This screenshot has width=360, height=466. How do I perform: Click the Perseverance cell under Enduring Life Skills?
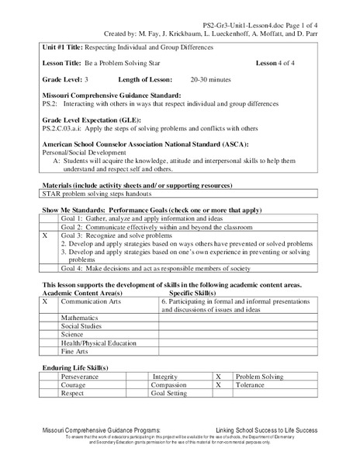85,374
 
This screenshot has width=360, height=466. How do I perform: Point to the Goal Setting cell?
170,393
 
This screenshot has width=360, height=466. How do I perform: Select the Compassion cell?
170,384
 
